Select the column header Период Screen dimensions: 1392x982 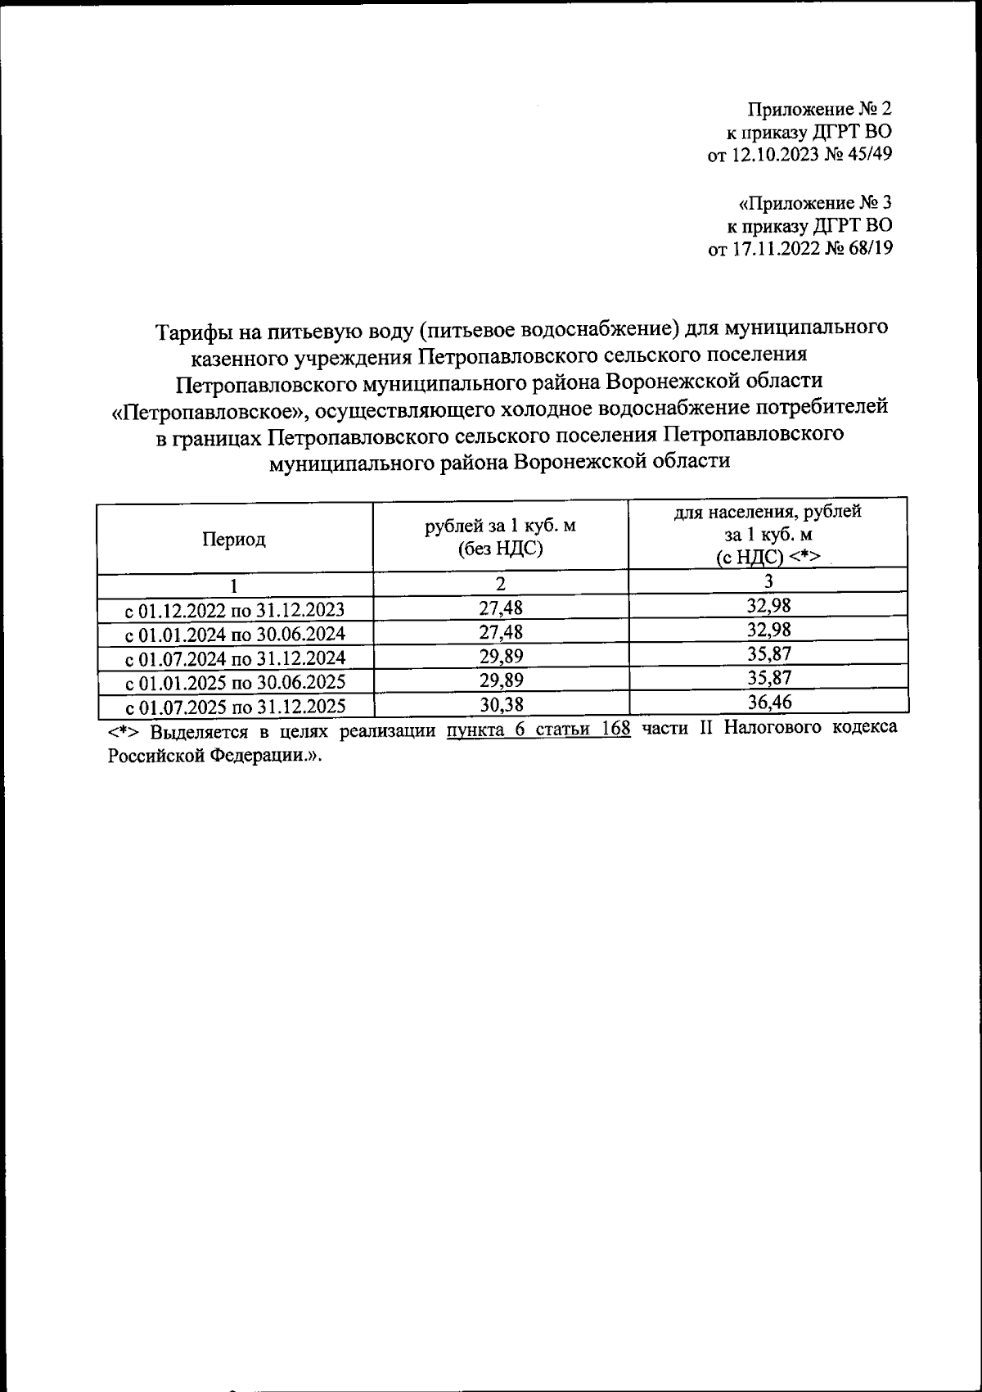click(234, 540)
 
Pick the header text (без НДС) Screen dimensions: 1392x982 click(500, 549)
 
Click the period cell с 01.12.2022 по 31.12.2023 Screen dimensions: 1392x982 click(234, 610)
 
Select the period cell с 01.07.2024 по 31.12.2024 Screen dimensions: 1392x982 click(234, 658)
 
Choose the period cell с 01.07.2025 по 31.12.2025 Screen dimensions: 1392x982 click(234, 706)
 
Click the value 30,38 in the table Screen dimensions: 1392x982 click(500, 703)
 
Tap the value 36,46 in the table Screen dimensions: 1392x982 click(769, 702)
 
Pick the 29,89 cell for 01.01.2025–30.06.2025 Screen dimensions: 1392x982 click(500, 680)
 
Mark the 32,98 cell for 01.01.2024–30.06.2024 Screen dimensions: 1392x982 click(769, 630)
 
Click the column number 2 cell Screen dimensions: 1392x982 click(500, 584)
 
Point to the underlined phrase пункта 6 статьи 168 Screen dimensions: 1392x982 click(538, 729)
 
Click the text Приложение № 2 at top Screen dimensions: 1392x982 click(819, 109)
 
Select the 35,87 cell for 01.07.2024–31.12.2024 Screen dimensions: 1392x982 click(769, 653)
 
